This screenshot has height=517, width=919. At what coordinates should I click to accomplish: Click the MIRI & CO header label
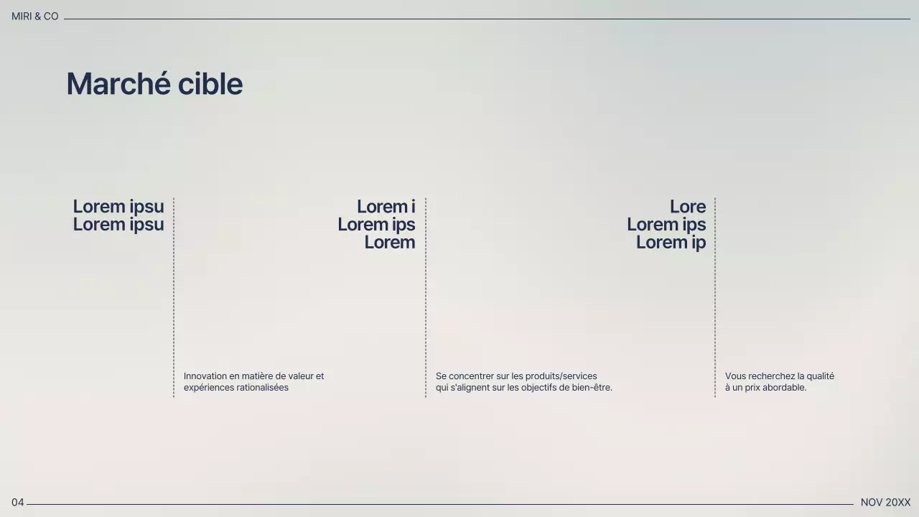tap(34, 17)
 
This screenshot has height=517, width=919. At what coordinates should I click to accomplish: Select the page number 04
tap(17, 503)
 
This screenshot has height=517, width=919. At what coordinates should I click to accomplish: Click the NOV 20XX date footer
tap(885, 503)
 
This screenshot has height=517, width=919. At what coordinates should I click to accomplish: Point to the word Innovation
tap(205, 376)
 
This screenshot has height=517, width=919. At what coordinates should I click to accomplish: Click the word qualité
tap(820, 376)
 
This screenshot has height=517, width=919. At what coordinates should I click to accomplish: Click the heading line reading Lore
tap(687, 207)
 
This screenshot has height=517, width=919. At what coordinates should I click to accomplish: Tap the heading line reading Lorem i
tap(386, 207)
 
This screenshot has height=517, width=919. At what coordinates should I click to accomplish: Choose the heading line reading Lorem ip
tap(671, 243)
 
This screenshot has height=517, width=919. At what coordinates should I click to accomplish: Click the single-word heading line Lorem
tap(389, 243)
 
